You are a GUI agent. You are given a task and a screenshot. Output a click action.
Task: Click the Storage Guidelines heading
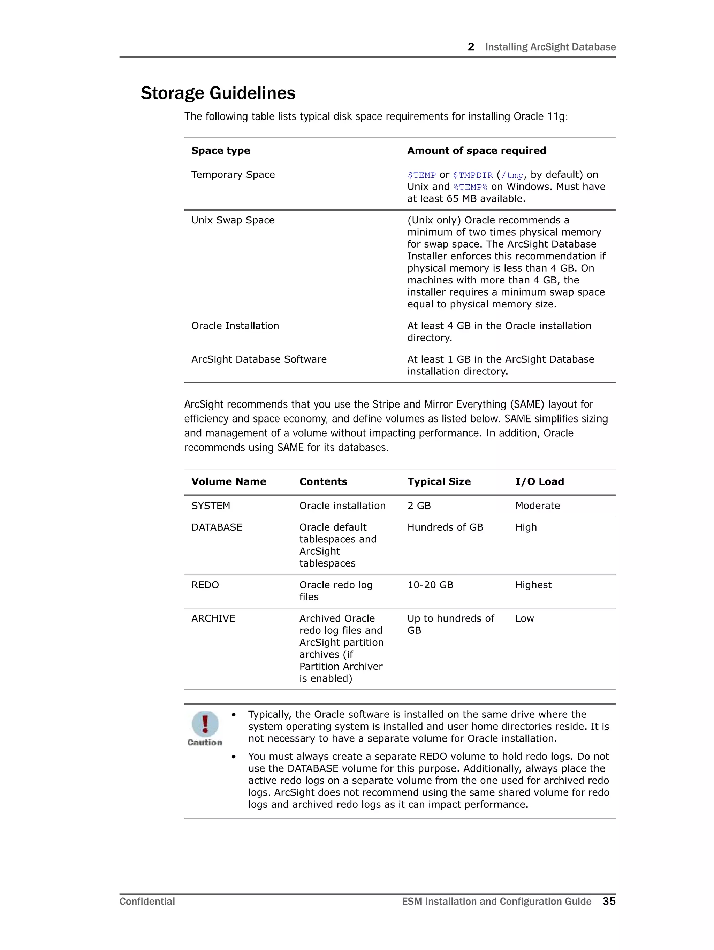218,93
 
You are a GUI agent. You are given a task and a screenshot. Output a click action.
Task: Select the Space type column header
220,150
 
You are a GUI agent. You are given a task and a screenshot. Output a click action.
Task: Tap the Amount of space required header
477,150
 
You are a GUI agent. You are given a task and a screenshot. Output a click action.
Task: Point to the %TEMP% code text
470,187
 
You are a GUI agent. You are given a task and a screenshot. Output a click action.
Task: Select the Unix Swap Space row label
233,220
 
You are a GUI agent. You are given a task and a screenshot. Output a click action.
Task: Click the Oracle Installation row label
235,326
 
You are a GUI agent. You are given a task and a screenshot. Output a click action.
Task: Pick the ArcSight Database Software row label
259,359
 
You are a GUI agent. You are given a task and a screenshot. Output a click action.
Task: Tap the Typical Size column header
439,481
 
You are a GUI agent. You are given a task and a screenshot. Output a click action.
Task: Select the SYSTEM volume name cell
211,506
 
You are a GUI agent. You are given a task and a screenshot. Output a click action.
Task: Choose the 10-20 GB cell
430,585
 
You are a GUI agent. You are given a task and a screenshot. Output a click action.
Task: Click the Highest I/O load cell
533,585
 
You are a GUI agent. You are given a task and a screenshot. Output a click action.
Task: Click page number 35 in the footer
609,901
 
